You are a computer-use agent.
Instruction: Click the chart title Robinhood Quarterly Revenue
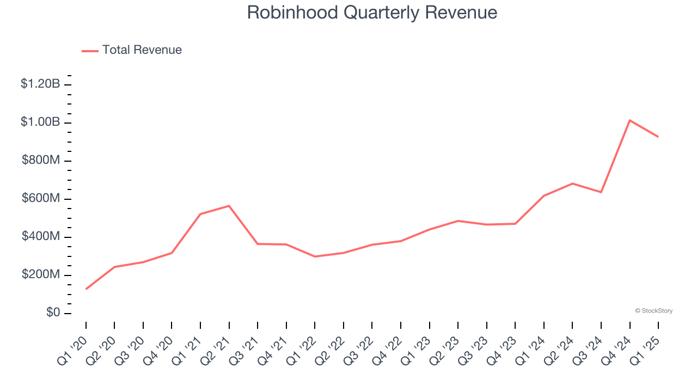tap(372, 13)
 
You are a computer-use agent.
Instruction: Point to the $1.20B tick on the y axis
tap(40, 84)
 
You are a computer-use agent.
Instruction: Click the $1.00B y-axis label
tap(40, 122)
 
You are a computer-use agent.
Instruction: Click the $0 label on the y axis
tap(53, 313)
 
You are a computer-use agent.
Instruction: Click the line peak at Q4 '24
tap(629, 120)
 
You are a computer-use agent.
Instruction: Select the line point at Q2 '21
tap(229, 206)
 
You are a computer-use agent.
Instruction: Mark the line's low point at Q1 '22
tap(315, 256)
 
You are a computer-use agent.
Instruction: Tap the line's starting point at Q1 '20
tap(86, 289)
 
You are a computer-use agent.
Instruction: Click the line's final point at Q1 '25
tap(658, 137)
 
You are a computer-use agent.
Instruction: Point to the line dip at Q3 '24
tap(601, 192)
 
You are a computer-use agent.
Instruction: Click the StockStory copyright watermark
tap(653, 311)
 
